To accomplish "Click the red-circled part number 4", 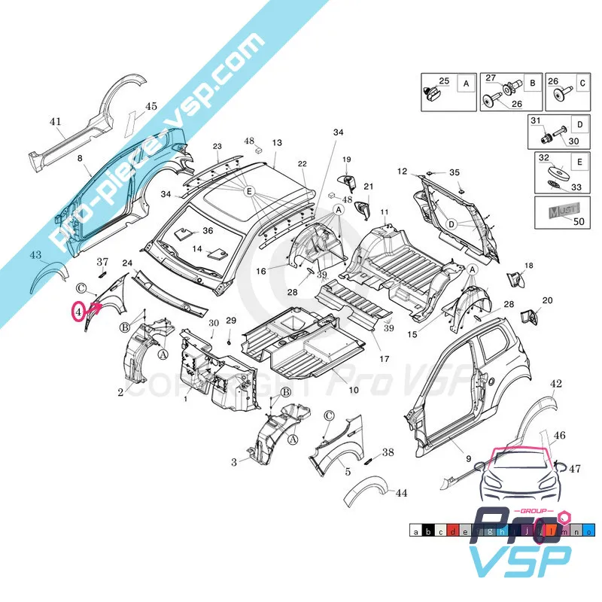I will coord(78,311).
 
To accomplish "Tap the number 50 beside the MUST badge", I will coord(579,220).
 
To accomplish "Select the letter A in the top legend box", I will coord(466,84).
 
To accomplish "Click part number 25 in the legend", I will coord(443,81).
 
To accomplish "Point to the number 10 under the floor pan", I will coord(353,390).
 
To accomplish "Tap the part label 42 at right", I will coord(556,384).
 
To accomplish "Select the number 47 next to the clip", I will coord(575,469).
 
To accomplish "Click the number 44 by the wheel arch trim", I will coord(400,493).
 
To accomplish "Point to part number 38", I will coord(388,452).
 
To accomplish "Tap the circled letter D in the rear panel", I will coord(451,223).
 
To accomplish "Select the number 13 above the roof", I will coord(277,142).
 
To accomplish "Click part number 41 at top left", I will coord(54,121).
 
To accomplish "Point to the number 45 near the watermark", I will coord(151,106).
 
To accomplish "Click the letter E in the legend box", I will coord(579,162).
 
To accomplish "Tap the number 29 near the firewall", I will coord(231,321).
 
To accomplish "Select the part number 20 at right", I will coord(547,300).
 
